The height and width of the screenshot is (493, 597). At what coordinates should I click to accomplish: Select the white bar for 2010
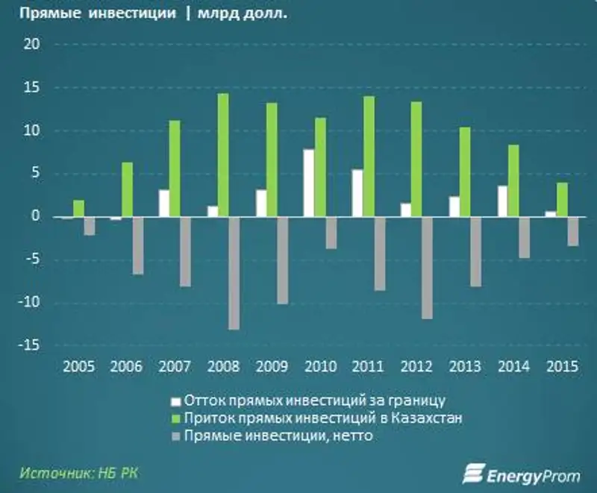click(x=308, y=183)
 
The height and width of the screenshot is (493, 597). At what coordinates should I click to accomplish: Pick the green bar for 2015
click(x=562, y=200)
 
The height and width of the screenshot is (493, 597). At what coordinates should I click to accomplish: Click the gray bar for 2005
click(x=90, y=226)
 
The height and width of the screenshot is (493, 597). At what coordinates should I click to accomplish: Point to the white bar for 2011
click(x=357, y=193)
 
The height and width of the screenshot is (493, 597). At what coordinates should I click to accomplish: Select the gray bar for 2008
click(x=234, y=273)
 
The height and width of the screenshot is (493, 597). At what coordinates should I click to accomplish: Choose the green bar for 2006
click(x=127, y=189)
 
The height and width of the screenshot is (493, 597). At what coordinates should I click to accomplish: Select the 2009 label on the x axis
click(x=271, y=367)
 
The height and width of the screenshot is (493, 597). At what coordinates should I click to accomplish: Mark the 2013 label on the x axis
click(x=465, y=367)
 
